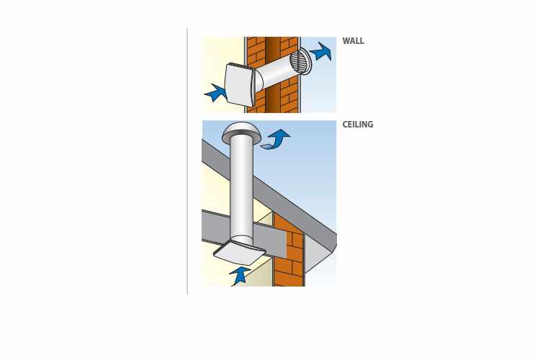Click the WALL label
click(x=353, y=41)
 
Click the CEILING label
click(x=357, y=125)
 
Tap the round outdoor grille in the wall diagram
click(x=301, y=61)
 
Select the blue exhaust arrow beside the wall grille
click(x=321, y=51)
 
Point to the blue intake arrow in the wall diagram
click(x=215, y=93)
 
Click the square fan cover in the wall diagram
click(x=239, y=84)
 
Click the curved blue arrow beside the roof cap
click(x=276, y=139)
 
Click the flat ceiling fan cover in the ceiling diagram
click(x=240, y=253)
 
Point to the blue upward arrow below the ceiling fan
click(x=239, y=276)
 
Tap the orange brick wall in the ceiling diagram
click(x=289, y=251)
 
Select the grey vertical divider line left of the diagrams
click(x=187, y=161)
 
